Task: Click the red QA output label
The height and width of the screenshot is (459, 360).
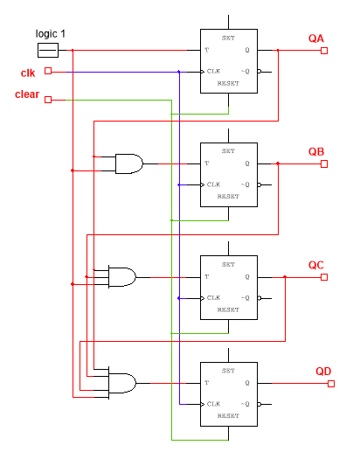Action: pyautogui.click(x=315, y=38)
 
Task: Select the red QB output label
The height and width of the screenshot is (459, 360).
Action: pyautogui.click(x=315, y=151)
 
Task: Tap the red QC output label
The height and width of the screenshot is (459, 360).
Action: pyautogui.click(x=315, y=265)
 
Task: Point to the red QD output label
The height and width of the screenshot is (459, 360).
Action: pyautogui.click(x=323, y=372)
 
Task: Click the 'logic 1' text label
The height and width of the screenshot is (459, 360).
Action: pyautogui.click(x=50, y=33)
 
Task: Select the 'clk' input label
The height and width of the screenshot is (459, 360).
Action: pyautogui.click(x=28, y=72)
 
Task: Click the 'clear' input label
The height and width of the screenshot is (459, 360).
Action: pyautogui.click(x=27, y=94)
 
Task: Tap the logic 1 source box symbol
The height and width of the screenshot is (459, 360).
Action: pyautogui.click(x=48, y=50)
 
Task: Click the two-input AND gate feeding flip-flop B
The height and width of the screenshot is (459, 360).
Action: pyautogui.click(x=129, y=163)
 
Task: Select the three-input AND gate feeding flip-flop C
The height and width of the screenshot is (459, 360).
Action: pyautogui.click(x=121, y=277)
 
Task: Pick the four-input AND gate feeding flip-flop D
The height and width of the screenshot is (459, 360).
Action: pyautogui.click(x=121, y=382)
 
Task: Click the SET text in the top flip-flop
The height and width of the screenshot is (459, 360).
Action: pyautogui.click(x=228, y=38)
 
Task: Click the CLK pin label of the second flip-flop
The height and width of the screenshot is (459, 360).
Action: pyautogui.click(x=213, y=184)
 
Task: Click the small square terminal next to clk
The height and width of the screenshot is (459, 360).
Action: pyautogui.click(x=48, y=72)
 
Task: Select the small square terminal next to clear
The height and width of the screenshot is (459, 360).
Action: pyautogui.click(x=48, y=99)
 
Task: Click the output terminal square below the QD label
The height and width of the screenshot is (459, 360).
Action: pyautogui.click(x=324, y=383)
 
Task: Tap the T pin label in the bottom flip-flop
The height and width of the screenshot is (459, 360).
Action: pyautogui.click(x=207, y=383)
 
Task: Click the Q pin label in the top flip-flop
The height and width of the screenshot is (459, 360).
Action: pyautogui.click(x=247, y=50)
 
